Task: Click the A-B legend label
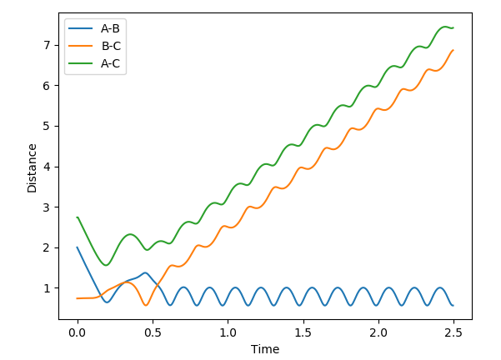[x=111, y=29]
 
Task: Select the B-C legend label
[x=111, y=46]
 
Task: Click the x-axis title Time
[x=265, y=349]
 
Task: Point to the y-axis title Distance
[x=33, y=167]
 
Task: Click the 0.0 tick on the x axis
[x=78, y=332]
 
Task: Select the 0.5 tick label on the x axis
[x=153, y=332]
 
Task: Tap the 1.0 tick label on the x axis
[x=228, y=332]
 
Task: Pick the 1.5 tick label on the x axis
[x=303, y=332]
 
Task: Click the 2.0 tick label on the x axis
[x=378, y=332]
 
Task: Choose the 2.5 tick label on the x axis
[x=453, y=332]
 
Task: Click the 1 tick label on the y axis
[x=48, y=288]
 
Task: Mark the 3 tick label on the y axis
[x=48, y=207]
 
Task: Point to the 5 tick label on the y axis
[x=48, y=126]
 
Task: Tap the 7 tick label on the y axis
[x=48, y=45]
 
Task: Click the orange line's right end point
[x=453, y=50]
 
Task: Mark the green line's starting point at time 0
[x=78, y=217]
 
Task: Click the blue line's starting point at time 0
[x=78, y=247]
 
